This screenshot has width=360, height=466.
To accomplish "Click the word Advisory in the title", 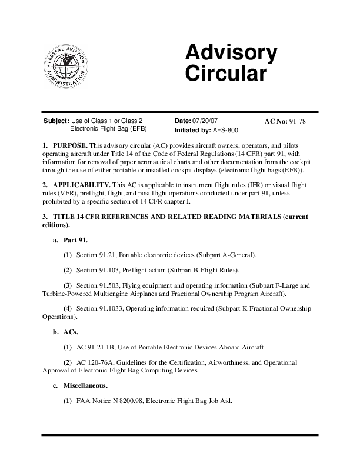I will click(231, 54).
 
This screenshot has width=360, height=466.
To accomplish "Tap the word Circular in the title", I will click(226, 74).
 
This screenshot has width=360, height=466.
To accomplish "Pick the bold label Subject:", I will click(56, 121).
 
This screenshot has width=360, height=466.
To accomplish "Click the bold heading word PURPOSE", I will click(70, 145).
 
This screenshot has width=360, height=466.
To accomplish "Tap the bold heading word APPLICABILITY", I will click(81, 185).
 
